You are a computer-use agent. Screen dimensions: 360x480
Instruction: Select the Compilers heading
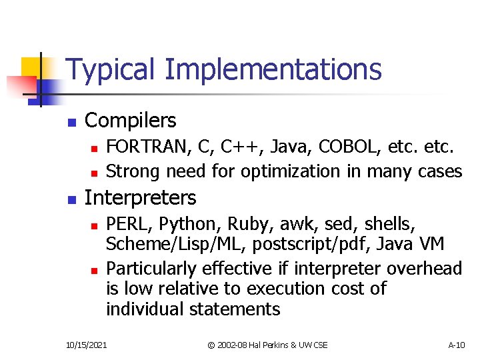click(131, 121)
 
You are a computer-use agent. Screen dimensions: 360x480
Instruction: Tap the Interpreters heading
click(140, 198)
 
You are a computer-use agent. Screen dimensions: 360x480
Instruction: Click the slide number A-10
click(457, 345)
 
